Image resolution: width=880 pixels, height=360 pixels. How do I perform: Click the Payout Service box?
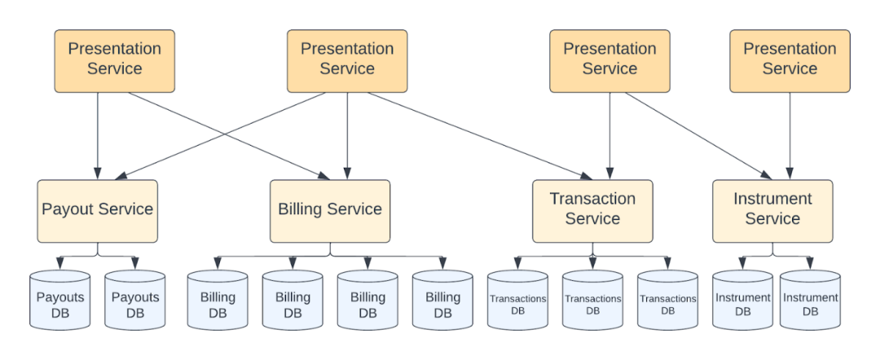(97, 210)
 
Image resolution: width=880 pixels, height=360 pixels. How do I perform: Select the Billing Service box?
(330, 210)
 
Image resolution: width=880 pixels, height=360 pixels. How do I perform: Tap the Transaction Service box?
(592, 210)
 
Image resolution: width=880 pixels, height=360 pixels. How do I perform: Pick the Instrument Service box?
(772, 210)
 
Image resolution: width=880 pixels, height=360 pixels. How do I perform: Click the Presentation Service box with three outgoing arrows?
(347, 60)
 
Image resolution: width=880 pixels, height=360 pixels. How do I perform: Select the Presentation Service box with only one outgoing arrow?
(789, 60)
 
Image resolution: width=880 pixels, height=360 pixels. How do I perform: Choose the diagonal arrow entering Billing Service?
(228, 135)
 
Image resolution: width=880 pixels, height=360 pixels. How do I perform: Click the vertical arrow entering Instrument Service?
(789, 134)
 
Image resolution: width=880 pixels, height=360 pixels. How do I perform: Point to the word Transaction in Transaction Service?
(592, 200)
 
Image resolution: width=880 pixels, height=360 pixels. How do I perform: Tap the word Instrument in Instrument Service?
(772, 200)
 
